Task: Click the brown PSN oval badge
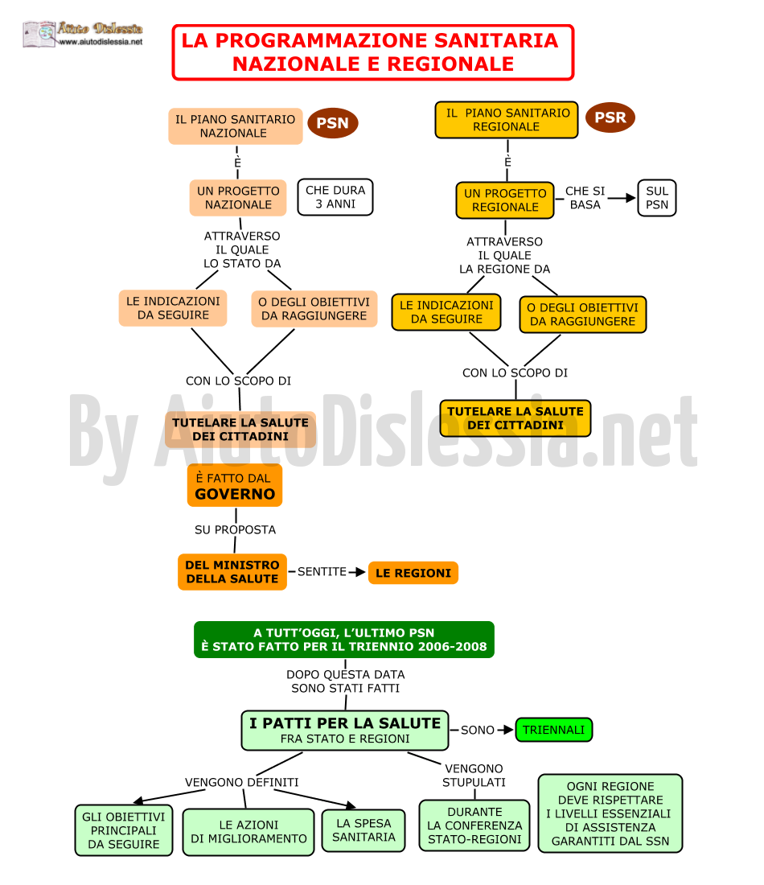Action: coord(332,122)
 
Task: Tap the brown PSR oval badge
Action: coord(610,117)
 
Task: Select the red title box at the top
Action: coord(373,52)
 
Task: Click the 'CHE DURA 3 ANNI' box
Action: coord(335,197)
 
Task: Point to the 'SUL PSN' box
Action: coord(657,198)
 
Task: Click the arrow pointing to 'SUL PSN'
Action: coord(622,198)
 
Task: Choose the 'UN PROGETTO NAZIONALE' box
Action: coord(238,198)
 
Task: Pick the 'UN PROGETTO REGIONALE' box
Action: coord(505,200)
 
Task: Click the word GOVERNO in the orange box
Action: coord(235,494)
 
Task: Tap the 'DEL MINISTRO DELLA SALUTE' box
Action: coord(232,572)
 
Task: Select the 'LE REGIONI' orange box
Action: coord(413,573)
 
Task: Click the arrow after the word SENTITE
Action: coord(356,572)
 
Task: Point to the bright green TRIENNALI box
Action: coord(554,729)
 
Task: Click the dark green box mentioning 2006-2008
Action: coord(344,640)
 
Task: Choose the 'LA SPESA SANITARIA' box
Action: coord(364,830)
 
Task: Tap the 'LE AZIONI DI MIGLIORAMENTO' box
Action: coord(249,832)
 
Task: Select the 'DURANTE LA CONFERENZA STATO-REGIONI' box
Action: coord(474,825)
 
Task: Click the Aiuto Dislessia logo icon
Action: coord(39,34)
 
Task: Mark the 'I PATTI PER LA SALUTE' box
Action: coord(345,731)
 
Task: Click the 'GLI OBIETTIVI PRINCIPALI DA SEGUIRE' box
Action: coord(124,830)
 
